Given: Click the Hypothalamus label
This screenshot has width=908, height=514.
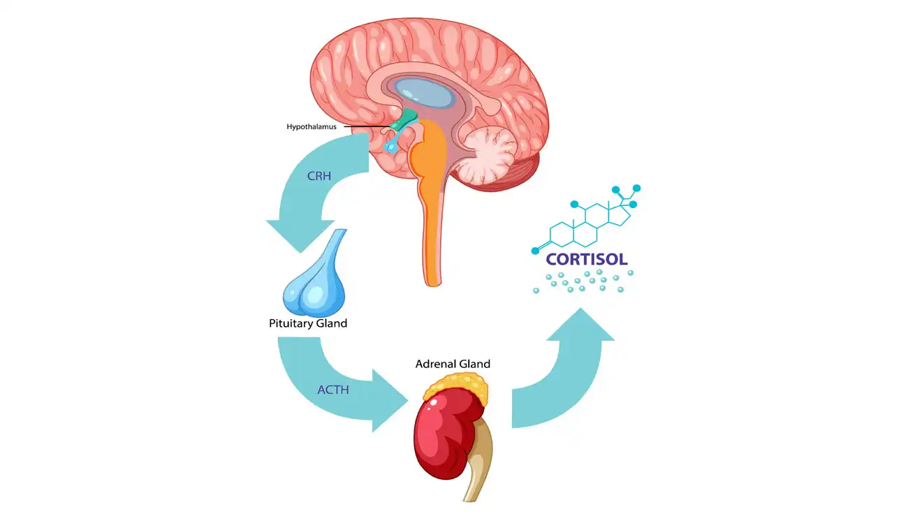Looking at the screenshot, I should tap(312, 127).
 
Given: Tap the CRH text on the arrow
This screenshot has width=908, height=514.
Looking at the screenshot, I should tap(318, 176).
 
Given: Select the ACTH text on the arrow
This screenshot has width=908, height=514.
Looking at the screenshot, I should tap(333, 390).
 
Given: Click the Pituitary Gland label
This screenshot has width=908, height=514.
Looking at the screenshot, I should tap(308, 323).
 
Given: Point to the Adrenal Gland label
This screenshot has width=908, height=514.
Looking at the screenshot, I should tap(453, 364).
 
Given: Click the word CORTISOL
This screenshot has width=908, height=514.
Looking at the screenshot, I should tap(587, 258).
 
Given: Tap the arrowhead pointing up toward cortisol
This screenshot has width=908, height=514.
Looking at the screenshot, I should tap(580, 328).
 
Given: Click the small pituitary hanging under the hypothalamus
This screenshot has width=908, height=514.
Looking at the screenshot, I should tap(393, 145).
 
